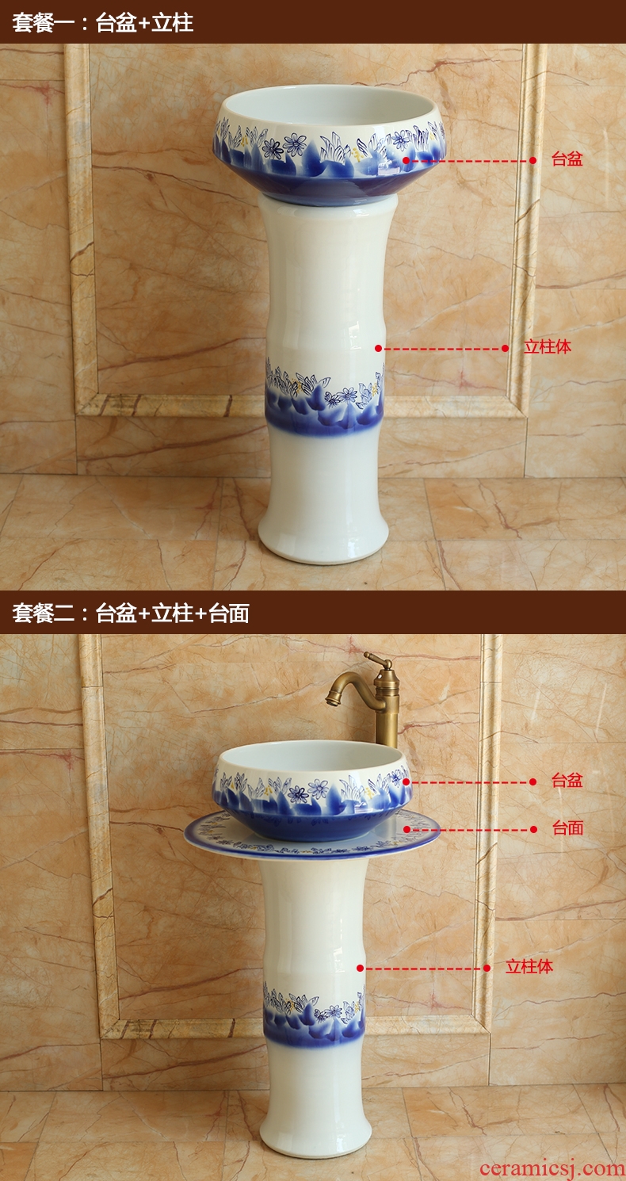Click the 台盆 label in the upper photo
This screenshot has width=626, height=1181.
tap(567, 159)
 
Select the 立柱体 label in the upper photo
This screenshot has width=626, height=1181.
tap(548, 347)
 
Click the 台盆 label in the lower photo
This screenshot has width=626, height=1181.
tap(567, 780)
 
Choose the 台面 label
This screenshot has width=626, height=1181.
tap(567, 827)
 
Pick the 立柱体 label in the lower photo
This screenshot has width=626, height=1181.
tap(529, 966)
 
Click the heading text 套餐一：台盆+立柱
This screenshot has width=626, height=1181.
tap(103, 23)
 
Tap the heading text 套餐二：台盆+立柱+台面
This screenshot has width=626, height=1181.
tap(131, 613)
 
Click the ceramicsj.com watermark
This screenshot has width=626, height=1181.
tap(552, 1168)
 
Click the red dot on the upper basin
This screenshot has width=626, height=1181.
tap(407, 160)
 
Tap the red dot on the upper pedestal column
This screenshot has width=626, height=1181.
tap(378, 349)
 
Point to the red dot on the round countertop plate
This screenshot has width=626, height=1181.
tap(407, 829)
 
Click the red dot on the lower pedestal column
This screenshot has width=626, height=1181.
tap(361, 968)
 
